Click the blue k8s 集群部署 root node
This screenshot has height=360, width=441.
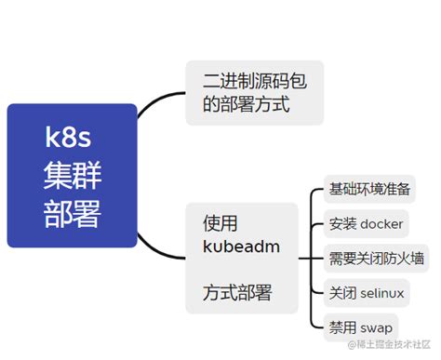[72, 176]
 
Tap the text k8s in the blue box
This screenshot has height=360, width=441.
[72, 139]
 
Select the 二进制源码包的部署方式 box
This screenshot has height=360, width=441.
[254, 93]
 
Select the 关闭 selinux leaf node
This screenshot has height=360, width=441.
[366, 293]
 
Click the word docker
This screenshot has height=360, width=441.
[381, 223]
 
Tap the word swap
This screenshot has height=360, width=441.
[375, 327]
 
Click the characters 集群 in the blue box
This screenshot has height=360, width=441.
[72, 176]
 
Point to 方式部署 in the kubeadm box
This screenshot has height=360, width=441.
[237, 293]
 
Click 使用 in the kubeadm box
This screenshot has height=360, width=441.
[220, 223]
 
